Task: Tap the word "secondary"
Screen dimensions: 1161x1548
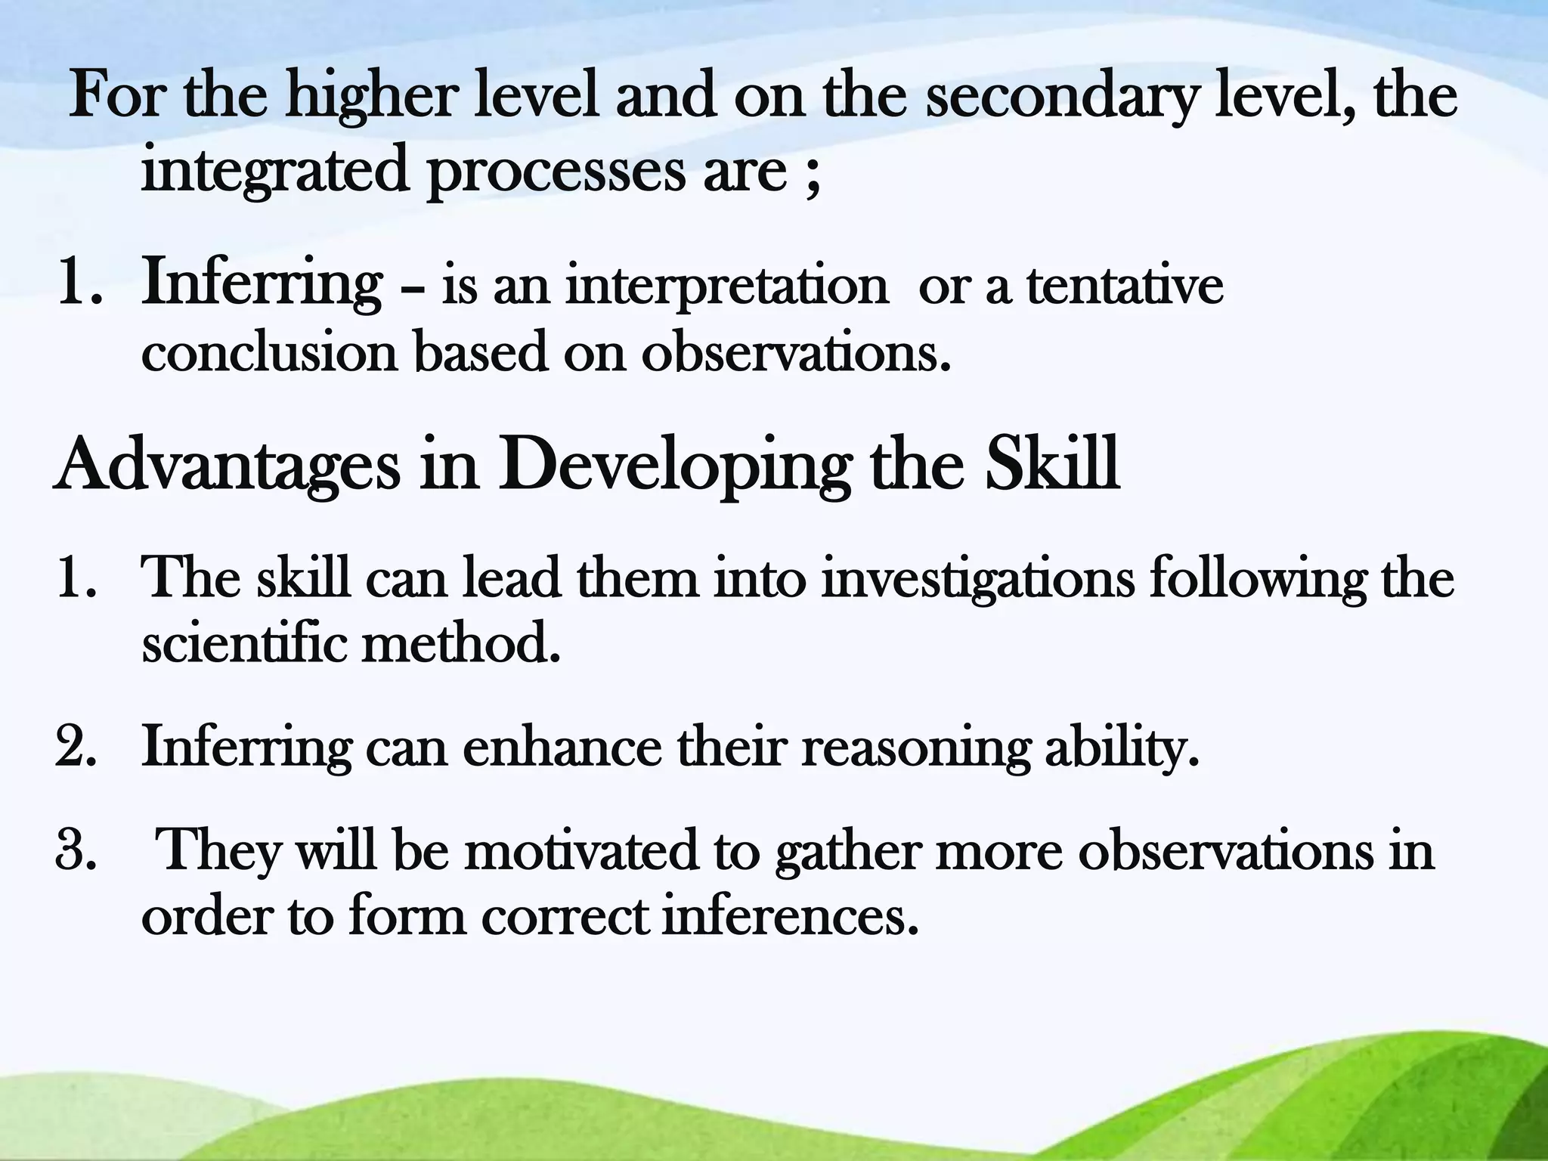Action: pos(1062,98)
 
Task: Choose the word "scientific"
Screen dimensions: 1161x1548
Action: pos(243,644)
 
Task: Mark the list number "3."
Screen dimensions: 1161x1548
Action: pos(76,850)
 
